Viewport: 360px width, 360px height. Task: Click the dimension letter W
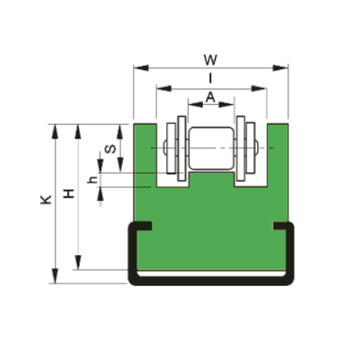click(210, 60)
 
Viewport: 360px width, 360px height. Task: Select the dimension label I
click(211, 78)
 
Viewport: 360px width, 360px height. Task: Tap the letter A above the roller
click(211, 97)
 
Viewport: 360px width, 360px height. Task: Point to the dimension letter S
click(110, 149)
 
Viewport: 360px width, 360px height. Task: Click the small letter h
click(92, 180)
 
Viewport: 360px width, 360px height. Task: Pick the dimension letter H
click(69, 193)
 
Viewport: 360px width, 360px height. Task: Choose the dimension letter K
click(46, 199)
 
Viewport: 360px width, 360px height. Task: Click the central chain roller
click(211, 148)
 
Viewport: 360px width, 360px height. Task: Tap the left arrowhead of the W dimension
click(141, 68)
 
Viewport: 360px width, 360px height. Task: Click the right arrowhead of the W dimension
click(281, 68)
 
